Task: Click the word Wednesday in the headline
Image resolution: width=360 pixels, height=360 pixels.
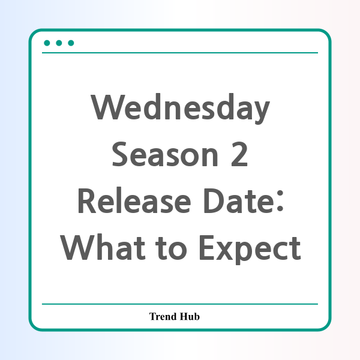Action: [x=180, y=109]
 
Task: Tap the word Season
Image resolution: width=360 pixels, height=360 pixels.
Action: [x=165, y=154]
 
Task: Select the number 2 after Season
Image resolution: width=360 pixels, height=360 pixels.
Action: [x=239, y=154]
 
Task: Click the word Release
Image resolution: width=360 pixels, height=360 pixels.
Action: [x=134, y=200]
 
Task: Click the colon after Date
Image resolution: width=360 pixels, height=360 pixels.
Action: [x=280, y=201]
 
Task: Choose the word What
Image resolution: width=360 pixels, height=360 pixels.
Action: [x=103, y=247]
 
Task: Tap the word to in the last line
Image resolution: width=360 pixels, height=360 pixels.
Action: [x=171, y=248]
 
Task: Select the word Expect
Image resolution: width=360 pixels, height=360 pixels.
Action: [x=250, y=250]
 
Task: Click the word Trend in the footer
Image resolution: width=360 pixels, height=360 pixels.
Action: [x=163, y=316]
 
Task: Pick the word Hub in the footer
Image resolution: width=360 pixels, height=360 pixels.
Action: [x=190, y=316]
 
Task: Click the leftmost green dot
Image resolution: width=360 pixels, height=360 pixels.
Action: [x=47, y=43]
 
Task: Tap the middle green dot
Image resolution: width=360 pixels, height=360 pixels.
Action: [x=59, y=43]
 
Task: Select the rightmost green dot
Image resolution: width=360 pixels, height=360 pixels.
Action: [x=71, y=43]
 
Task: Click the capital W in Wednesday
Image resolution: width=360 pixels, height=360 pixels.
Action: [x=107, y=107]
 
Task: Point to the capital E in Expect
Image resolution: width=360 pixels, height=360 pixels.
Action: [x=208, y=247]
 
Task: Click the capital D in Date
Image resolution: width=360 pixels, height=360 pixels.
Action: [x=214, y=200]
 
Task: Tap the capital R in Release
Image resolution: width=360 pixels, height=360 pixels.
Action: [x=87, y=200]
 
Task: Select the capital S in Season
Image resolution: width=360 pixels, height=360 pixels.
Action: [x=121, y=154]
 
